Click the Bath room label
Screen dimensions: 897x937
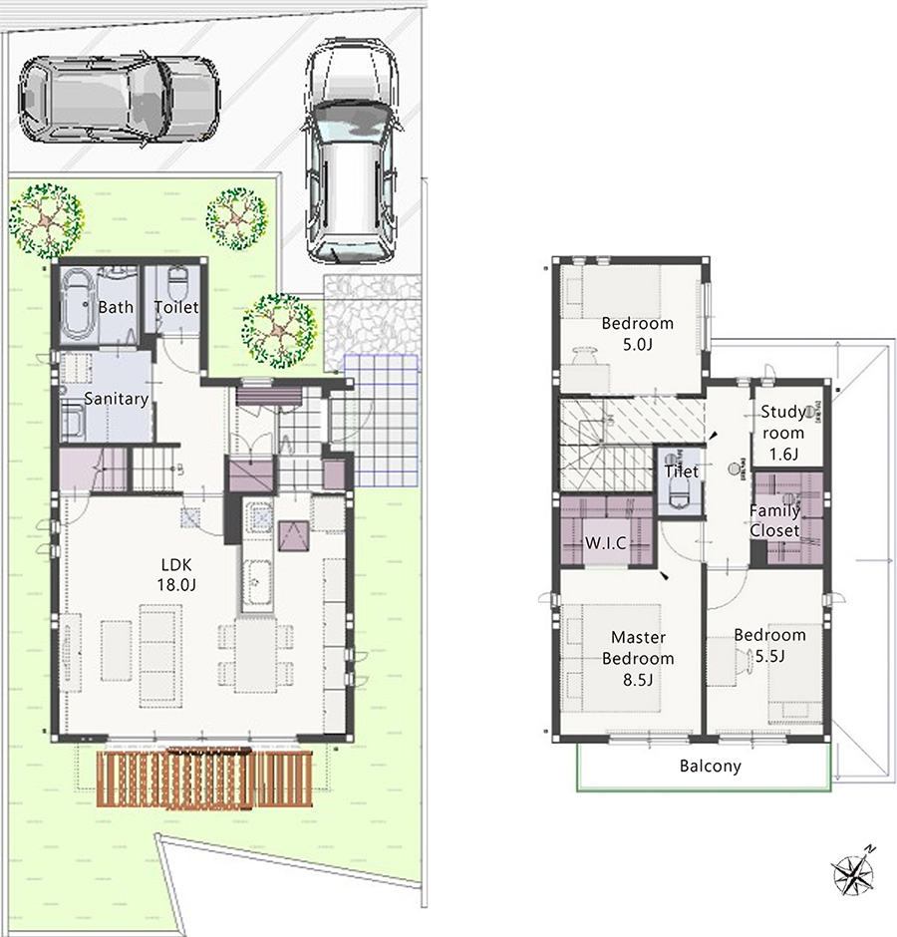[116, 307]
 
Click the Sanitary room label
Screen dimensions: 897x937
[116, 399]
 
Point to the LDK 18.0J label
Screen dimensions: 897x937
[176, 574]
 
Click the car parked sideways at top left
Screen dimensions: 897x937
[119, 101]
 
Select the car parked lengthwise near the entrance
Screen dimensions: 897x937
[351, 151]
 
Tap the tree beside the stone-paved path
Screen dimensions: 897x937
[279, 330]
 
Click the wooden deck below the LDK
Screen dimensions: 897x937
[205, 780]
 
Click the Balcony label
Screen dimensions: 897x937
[711, 767]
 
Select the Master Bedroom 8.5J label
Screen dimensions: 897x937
[638, 659]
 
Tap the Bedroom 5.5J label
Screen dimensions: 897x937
[769, 645]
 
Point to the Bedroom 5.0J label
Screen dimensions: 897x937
[638, 334]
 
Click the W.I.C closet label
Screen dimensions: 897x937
[605, 543]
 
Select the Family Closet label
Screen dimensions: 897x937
[774, 520]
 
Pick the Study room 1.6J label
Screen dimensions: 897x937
[782, 433]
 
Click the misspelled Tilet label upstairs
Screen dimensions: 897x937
[682, 471]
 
